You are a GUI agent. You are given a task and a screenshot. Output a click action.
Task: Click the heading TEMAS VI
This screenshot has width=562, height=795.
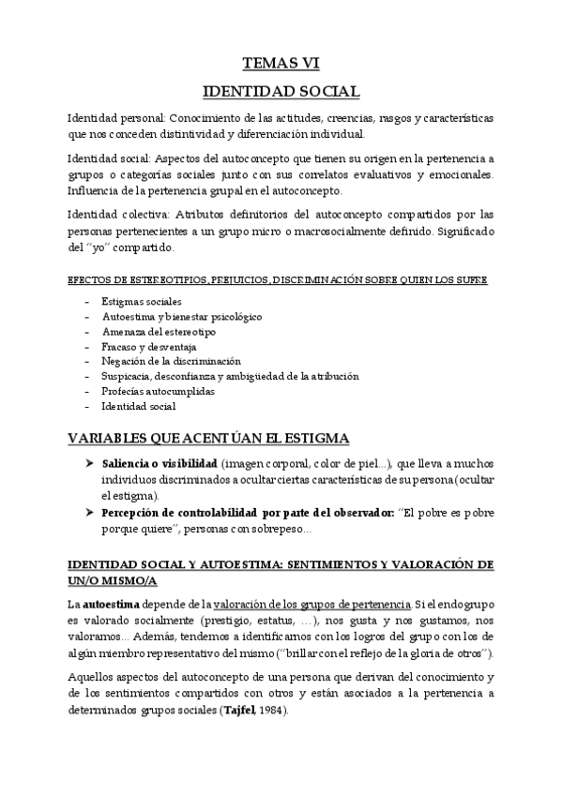tap(281, 64)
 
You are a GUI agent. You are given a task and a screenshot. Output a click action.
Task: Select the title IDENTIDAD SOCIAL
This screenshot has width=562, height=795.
tap(281, 92)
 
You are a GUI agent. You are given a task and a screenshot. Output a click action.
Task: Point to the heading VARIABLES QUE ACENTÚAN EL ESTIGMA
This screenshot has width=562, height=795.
tap(208, 438)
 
